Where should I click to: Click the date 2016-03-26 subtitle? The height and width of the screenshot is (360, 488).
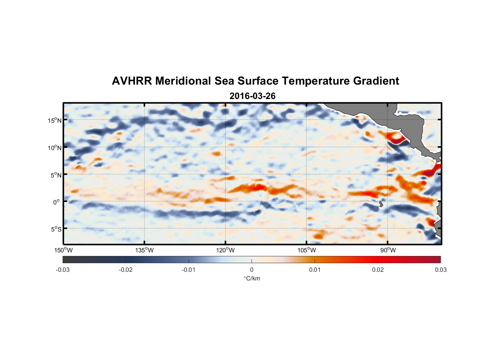(252, 96)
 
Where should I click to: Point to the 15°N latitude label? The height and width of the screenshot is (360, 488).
(54, 120)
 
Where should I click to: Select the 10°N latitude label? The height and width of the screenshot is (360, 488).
(54, 148)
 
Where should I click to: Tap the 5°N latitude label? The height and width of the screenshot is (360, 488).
(55, 175)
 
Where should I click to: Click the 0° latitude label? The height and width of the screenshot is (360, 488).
(57, 202)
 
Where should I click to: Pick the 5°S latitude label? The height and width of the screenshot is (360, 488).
(55, 229)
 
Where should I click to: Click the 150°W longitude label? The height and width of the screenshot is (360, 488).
(63, 250)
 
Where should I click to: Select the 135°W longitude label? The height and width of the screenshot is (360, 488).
(144, 250)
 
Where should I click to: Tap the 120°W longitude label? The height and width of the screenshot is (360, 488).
(225, 250)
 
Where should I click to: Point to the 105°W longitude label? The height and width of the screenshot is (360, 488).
(307, 250)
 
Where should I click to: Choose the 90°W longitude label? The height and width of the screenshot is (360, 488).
(388, 250)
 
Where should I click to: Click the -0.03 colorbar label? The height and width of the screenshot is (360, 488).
(63, 270)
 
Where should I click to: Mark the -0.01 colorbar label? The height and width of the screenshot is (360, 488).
(189, 270)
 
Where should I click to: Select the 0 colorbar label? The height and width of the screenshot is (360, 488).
(252, 270)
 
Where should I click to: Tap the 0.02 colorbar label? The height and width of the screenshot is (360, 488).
(378, 270)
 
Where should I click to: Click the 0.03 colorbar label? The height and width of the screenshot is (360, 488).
(440, 270)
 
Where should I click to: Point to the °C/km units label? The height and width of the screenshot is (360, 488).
(252, 278)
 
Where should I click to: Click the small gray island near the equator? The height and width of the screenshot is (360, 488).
(381, 204)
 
